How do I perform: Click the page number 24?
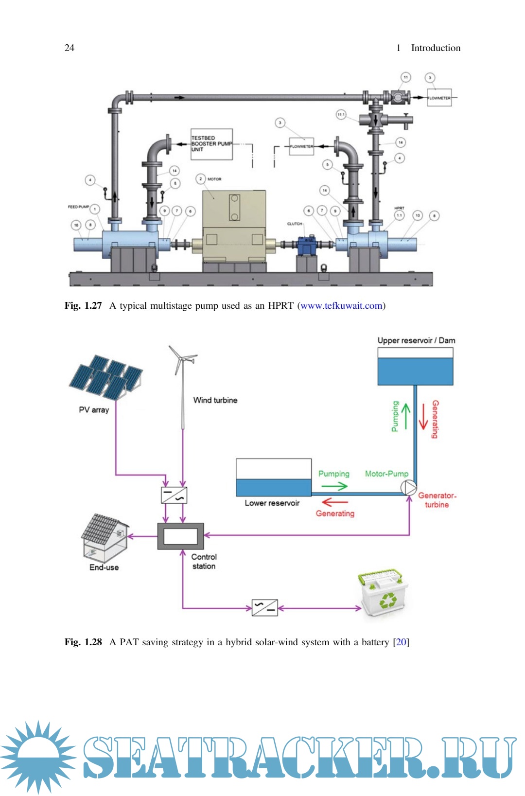coord(70,48)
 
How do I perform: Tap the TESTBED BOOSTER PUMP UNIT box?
coord(211,144)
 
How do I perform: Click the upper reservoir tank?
coord(415,367)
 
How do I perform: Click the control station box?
coord(180,536)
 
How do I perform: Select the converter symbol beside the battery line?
coord(264,608)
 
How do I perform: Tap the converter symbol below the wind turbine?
coord(174,495)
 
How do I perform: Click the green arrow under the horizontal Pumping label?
coord(334,486)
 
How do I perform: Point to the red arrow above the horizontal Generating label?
coord(334,502)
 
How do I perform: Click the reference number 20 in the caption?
coord(401,642)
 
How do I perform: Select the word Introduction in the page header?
coord(436,48)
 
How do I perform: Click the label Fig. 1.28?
coord(83,642)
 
